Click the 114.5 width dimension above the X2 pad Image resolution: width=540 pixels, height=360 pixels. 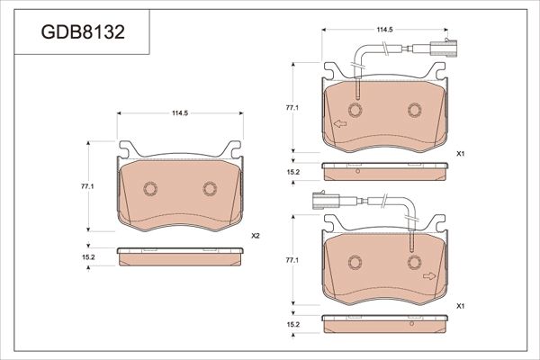tap(180, 113)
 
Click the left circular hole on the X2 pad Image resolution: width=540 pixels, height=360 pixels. tap(148, 189)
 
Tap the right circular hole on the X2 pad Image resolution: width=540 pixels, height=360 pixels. tap(211, 188)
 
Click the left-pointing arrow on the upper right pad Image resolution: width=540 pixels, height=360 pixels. tap(340, 124)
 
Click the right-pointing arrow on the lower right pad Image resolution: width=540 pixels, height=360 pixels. tap(429, 275)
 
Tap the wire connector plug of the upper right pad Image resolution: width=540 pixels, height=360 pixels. tap(439, 50)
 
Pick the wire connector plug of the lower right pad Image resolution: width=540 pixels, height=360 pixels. tap(326, 202)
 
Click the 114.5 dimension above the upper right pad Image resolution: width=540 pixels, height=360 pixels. tap(384, 30)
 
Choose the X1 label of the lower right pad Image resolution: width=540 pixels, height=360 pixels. tap(460, 307)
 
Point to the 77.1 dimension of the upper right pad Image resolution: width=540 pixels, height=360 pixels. tap(292, 107)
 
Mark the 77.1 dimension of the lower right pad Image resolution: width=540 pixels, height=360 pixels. tap(292, 260)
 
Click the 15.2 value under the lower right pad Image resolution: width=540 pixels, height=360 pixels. tap(292, 324)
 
